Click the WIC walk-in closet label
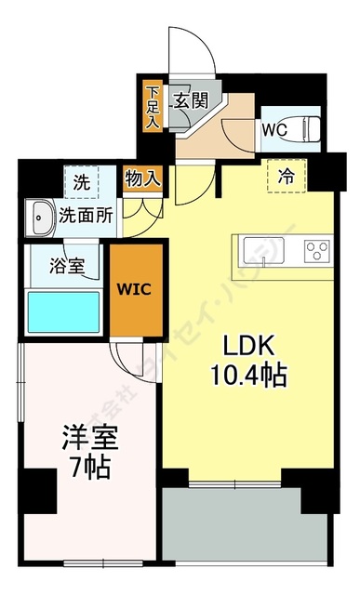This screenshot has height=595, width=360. pyautogui.click(x=133, y=287)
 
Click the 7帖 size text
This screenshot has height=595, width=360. pyautogui.click(x=83, y=465)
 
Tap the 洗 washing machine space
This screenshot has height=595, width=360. pyautogui.click(x=80, y=180)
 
